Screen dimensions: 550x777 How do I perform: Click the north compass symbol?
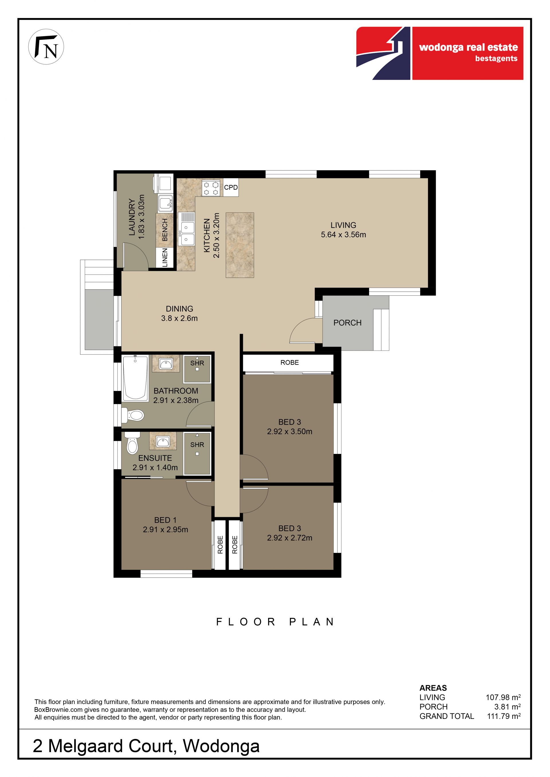point(46,47)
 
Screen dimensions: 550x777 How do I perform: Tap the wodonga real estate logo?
point(440,54)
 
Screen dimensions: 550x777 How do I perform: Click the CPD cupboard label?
point(231,187)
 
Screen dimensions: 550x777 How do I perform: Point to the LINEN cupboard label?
point(165,258)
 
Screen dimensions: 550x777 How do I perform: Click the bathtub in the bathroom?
point(135,378)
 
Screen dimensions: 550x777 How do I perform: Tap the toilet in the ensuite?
point(132,443)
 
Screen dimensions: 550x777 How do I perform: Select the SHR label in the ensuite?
point(197,445)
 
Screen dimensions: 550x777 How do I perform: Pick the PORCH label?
point(347,323)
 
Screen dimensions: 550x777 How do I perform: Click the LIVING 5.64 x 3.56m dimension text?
point(343,234)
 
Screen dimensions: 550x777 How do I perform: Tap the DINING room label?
point(180,309)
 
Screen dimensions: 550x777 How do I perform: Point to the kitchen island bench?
point(240,245)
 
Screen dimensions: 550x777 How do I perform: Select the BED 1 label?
point(165,520)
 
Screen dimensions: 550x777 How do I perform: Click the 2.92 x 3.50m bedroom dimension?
point(290,432)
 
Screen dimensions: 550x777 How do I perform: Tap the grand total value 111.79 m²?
point(504,716)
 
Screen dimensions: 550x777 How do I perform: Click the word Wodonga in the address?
point(221,746)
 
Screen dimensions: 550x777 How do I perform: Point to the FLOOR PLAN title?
point(275,622)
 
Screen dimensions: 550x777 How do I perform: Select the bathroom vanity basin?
point(166,364)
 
